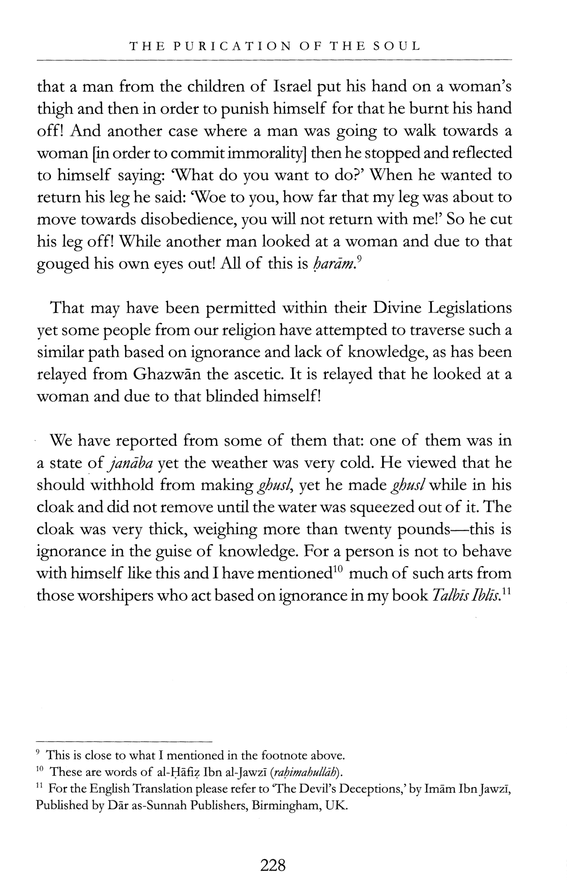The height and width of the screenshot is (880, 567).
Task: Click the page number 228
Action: (273, 865)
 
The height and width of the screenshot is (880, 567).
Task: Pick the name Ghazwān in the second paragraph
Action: (167, 375)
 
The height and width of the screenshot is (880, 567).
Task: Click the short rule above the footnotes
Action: (124, 741)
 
